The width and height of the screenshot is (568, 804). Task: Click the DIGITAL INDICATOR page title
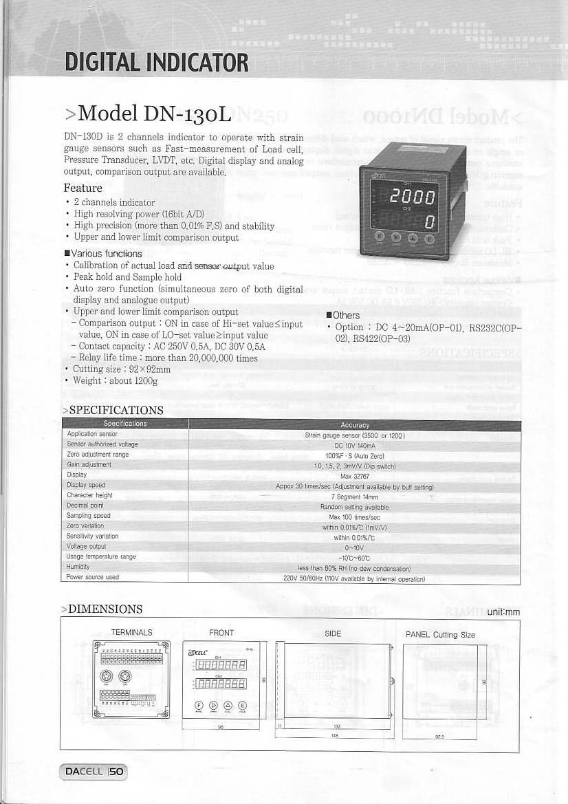[156, 63]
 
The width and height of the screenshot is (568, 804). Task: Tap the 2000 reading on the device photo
[411, 198]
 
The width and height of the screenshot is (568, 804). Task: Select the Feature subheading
[83, 188]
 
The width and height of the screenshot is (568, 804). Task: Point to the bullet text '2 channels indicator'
[114, 202]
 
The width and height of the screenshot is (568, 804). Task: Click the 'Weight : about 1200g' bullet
[116, 380]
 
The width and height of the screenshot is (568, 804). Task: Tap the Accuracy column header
[355, 425]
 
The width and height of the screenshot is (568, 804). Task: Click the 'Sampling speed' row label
[89, 515]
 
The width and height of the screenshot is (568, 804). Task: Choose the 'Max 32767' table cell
[355, 475]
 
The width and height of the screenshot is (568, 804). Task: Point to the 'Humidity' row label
[78, 567]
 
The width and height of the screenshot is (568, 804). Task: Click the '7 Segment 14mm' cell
[355, 496]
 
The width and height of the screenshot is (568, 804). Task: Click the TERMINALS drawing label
[131, 632]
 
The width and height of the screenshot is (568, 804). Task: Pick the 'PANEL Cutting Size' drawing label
[440, 634]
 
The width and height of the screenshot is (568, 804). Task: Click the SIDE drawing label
[333, 633]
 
